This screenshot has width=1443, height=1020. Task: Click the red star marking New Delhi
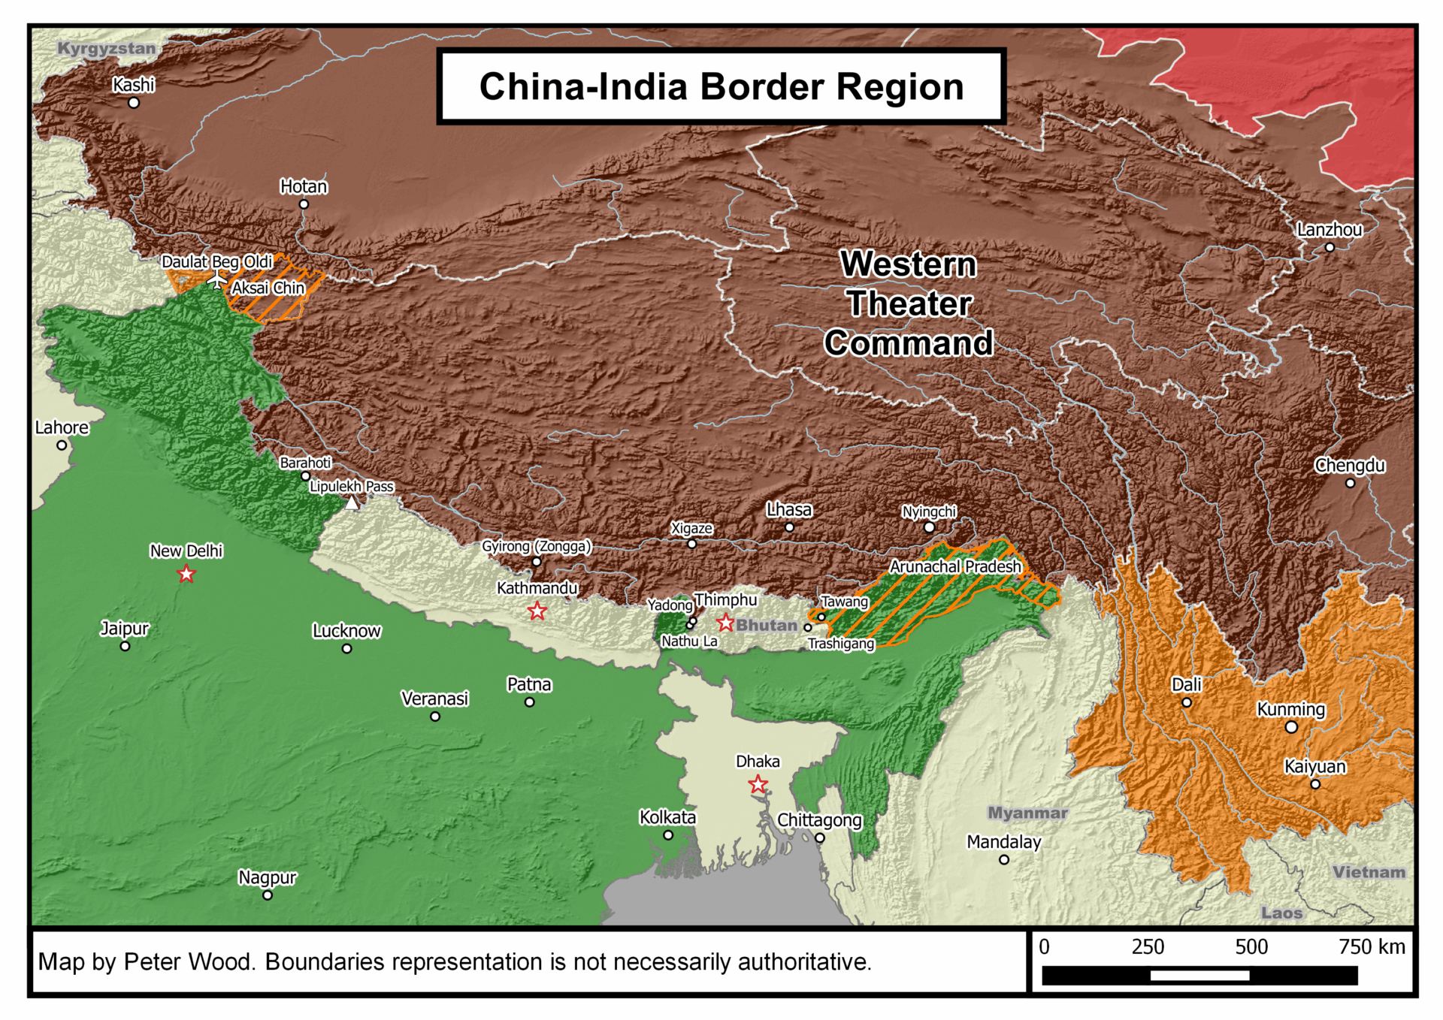(186, 575)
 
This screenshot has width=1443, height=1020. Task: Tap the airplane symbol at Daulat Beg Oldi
(217, 280)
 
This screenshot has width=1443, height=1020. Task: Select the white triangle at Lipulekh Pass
(352, 502)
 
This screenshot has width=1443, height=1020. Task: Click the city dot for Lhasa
(789, 527)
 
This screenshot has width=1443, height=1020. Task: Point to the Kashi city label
(134, 85)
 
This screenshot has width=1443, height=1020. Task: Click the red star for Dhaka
(758, 785)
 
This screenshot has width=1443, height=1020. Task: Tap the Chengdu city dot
(1350, 483)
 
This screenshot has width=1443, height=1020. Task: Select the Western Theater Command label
(908, 303)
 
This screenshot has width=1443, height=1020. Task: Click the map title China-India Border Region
(721, 86)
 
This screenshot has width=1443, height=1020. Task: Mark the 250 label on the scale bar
(1148, 947)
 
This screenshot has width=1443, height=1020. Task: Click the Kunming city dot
(1291, 727)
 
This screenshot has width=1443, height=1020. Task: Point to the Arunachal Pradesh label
(955, 566)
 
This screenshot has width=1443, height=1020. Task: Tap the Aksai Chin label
(268, 288)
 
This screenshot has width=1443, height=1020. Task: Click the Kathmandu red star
(537, 611)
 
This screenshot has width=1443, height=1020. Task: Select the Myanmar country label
(1027, 813)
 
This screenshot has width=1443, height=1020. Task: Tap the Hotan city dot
(304, 204)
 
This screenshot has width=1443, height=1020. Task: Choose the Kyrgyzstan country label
(106, 48)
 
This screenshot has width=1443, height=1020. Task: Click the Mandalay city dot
(1004, 859)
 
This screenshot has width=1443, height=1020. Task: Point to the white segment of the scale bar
(1199, 976)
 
